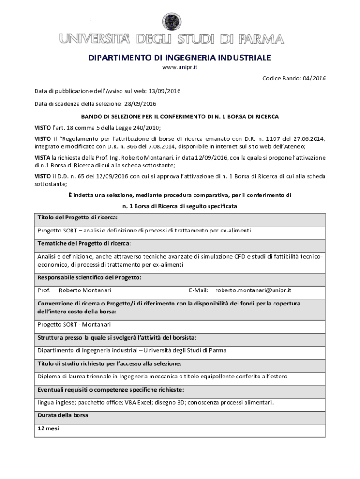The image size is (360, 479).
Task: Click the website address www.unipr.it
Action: [x=180, y=68]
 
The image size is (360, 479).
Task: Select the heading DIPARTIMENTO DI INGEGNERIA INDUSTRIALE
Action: [x=180, y=58]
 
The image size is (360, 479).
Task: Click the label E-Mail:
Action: [x=198, y=290]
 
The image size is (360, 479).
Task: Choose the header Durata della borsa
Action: [x=63, y=415]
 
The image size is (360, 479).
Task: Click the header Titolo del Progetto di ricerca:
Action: [x=78, y=218]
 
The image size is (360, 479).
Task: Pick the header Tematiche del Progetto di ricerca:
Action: [x=84, y=243]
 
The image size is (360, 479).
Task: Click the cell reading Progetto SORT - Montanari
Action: [x=74, y=325]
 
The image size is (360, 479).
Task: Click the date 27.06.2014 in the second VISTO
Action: [x=309, y=139]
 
